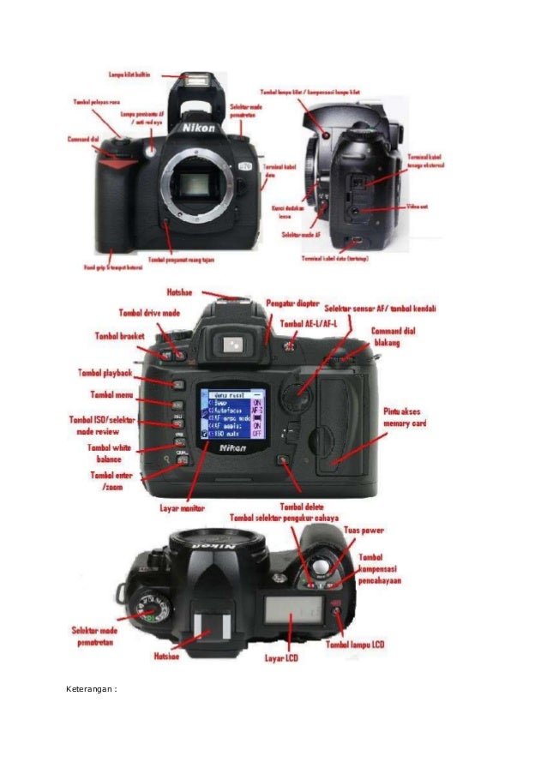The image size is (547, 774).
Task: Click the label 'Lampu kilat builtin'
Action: pos(129,75)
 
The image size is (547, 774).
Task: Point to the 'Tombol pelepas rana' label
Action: pos(97,102)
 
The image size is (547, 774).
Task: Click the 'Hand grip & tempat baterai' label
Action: pos(110,267)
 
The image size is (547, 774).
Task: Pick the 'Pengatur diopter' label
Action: pos(293,304)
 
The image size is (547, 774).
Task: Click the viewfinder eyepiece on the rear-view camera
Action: pos(231,345)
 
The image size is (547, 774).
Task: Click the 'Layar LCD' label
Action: pos(283,659)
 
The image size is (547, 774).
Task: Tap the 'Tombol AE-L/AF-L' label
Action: pos(310,324)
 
